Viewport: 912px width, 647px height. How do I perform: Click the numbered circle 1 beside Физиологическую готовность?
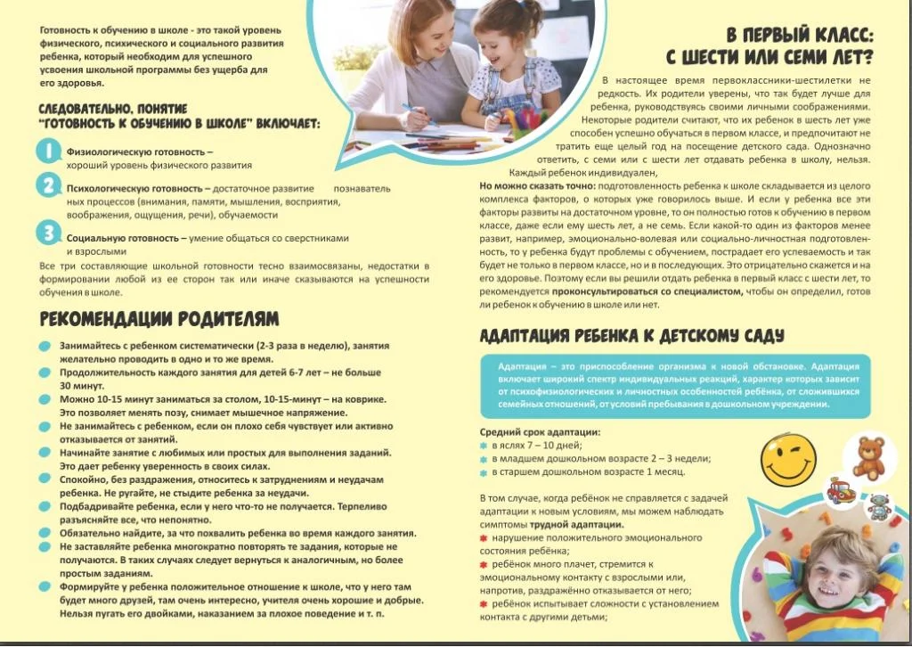47,152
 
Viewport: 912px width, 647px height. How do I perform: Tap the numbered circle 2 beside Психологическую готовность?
47,186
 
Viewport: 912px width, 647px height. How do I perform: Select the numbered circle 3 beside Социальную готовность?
47,233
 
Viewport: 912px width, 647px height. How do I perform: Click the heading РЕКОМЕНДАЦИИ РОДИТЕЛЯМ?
159,318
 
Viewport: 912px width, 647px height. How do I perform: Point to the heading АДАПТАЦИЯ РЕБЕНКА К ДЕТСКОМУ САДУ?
631,336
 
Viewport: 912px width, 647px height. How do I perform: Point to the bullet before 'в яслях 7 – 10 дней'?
484,445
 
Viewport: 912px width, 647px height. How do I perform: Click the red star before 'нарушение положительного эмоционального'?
484,538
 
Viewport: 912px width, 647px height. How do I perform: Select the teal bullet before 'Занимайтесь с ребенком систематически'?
45,345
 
